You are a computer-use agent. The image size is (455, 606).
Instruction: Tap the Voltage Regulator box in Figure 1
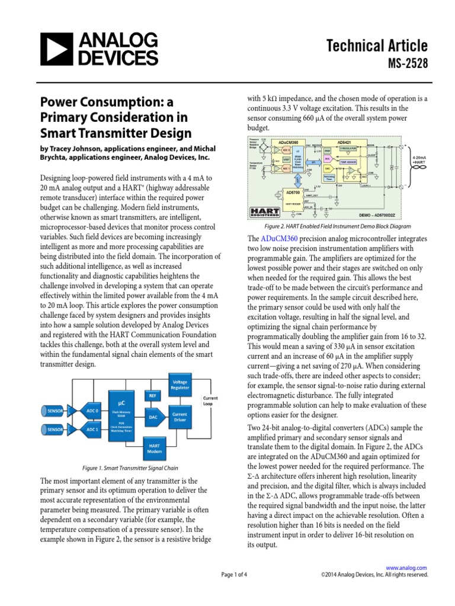pos(179,384)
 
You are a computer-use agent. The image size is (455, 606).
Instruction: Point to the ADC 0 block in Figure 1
pos(92,410)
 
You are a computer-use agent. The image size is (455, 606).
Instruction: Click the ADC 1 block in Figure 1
pos(92,428)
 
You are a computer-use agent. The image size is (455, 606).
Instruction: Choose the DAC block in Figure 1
pos(153,417)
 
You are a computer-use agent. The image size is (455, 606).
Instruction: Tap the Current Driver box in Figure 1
pos(179,418)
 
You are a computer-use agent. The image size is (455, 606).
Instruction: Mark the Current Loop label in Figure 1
pos(210,401)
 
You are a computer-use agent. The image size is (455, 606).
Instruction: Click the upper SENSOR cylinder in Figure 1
pos(55,410)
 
